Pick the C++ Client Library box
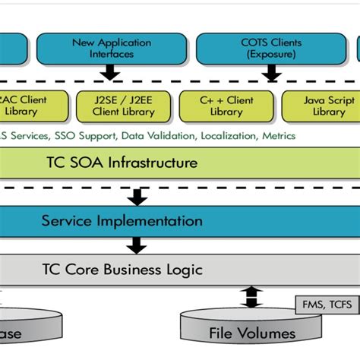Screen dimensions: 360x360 (x=226, y=106)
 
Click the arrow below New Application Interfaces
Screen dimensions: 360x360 (x=109, y=73)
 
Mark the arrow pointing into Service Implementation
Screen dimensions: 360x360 (x=137, y=197)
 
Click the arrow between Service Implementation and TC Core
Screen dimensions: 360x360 (x=137, y=245)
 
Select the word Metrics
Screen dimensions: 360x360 (x=279, y=137)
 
